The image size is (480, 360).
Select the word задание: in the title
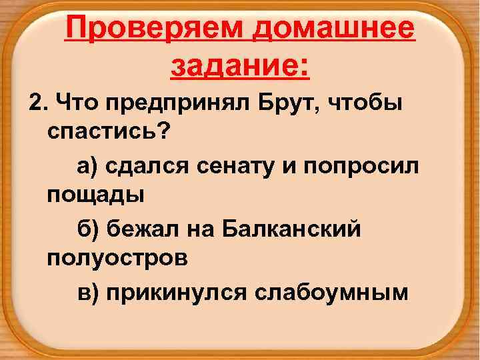(240, 67)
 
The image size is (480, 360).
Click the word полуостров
(117, 258)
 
